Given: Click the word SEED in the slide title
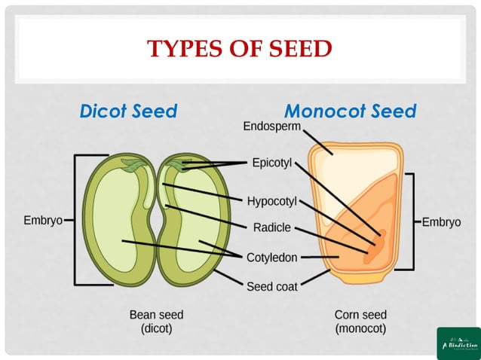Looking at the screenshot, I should pyautogui.click(x=296, y=49).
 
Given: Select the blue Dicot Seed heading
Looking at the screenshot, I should pyautogui.click(x=128, y=111).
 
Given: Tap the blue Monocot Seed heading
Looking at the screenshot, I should pyautogui.click(x=350, y=111).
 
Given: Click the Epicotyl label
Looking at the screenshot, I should pyautogui.click(x=271, y=163).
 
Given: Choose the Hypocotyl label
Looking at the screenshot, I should pyautogui.click(x=272, y=201).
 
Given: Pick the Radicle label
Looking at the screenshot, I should pyautogui.click(x=271, y=227).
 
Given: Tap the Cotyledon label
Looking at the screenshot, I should pyautogui.click(x=271, y=258).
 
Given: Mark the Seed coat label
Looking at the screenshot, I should pyautogui.click(x=271, y=286).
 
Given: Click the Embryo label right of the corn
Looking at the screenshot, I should pyautogui.click(x=440, y=222).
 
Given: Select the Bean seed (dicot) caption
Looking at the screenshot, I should pyautogui.click(x=156, y=321).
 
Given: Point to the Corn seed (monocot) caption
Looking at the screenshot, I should pyautogui.click(x=360, y=321).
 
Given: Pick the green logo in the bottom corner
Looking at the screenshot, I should pyautogui.click(x=458, y=343).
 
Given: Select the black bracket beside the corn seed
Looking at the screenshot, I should pyautogui.click(x=412, y=221).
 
